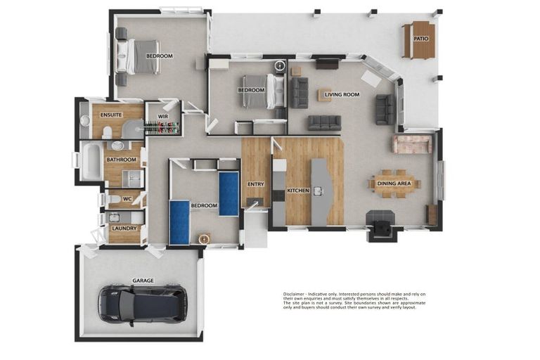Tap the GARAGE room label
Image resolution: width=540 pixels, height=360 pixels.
point(143,281)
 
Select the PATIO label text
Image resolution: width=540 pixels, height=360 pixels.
point(421,39)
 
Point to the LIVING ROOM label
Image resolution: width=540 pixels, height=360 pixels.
point(342,94)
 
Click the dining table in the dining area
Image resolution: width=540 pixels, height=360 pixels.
point(394,184)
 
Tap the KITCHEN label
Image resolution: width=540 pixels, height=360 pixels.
point(298,191)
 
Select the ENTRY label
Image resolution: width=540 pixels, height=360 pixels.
point(255,185)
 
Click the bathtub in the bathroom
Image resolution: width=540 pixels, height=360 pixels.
point(89,160)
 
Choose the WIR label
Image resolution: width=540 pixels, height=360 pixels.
point(162,117)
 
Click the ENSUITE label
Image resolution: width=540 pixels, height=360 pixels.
point(111,115)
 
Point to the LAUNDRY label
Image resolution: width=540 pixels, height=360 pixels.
point(124,229)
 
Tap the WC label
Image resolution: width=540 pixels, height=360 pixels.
point(127,199)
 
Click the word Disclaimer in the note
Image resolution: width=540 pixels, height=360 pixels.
point(294,294)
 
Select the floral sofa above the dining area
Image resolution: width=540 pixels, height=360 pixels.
point(413,144)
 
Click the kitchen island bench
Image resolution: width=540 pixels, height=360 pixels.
point(320,190)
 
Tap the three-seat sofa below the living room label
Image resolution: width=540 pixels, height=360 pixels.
point(324,122)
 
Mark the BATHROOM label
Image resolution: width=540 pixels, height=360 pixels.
point(121,160)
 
